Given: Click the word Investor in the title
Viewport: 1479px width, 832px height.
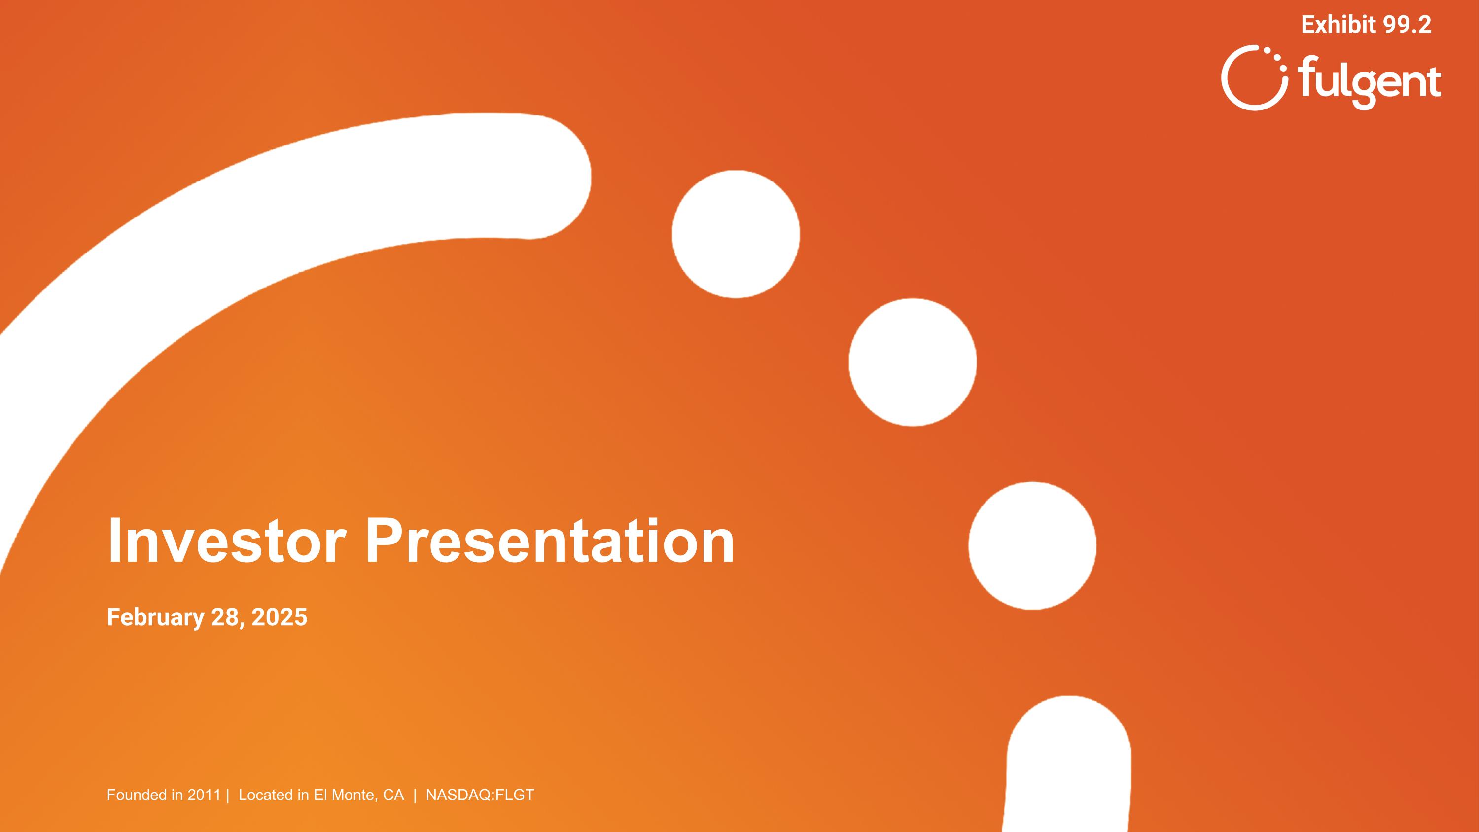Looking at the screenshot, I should (x=226, y=541).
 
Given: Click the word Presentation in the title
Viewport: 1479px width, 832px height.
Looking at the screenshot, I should (x=550, y=541).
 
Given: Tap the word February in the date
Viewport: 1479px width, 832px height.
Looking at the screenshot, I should (x=155, y=617).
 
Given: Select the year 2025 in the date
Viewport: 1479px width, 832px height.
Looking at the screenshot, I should (x=279, y=617).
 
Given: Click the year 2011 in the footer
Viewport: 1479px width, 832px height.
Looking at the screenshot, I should (x=204, y=795).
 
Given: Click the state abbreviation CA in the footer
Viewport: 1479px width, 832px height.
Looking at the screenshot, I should (x=393, y=795).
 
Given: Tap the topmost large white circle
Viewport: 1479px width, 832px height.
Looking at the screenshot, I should (x=736, y=234).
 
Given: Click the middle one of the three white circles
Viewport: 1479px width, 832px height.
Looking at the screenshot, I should (x=913, y=362).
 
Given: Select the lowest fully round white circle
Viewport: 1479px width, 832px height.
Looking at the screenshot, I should (x=1032, y=545).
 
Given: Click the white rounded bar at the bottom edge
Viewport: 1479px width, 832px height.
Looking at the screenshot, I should (x=1068, y=769).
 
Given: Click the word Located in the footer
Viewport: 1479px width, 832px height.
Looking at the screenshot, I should (x=266, y=795).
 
